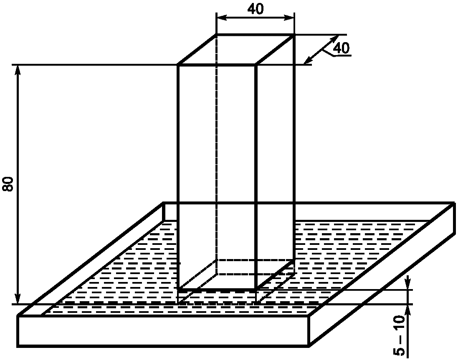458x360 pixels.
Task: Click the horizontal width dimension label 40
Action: pos(255,9)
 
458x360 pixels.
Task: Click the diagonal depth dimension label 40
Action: pos(341,48)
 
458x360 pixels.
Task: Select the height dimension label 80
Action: pos(9,184)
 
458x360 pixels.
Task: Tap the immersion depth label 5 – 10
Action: pos(400,336)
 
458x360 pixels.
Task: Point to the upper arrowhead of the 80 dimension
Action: pos(18,69)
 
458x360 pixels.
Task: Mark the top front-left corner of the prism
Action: pos(178,65)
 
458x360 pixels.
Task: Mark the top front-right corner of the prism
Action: pos(255,65)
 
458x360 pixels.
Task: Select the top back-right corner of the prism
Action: pos(294,34)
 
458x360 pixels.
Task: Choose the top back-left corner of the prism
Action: pos(216,34)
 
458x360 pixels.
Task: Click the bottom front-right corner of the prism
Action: pos(255,289)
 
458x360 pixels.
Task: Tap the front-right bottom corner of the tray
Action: pos(309,346)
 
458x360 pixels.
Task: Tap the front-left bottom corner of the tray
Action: pos(18,346)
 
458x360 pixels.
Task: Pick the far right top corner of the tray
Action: pos(454,203)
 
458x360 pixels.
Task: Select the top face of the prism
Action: pos(236,49)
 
